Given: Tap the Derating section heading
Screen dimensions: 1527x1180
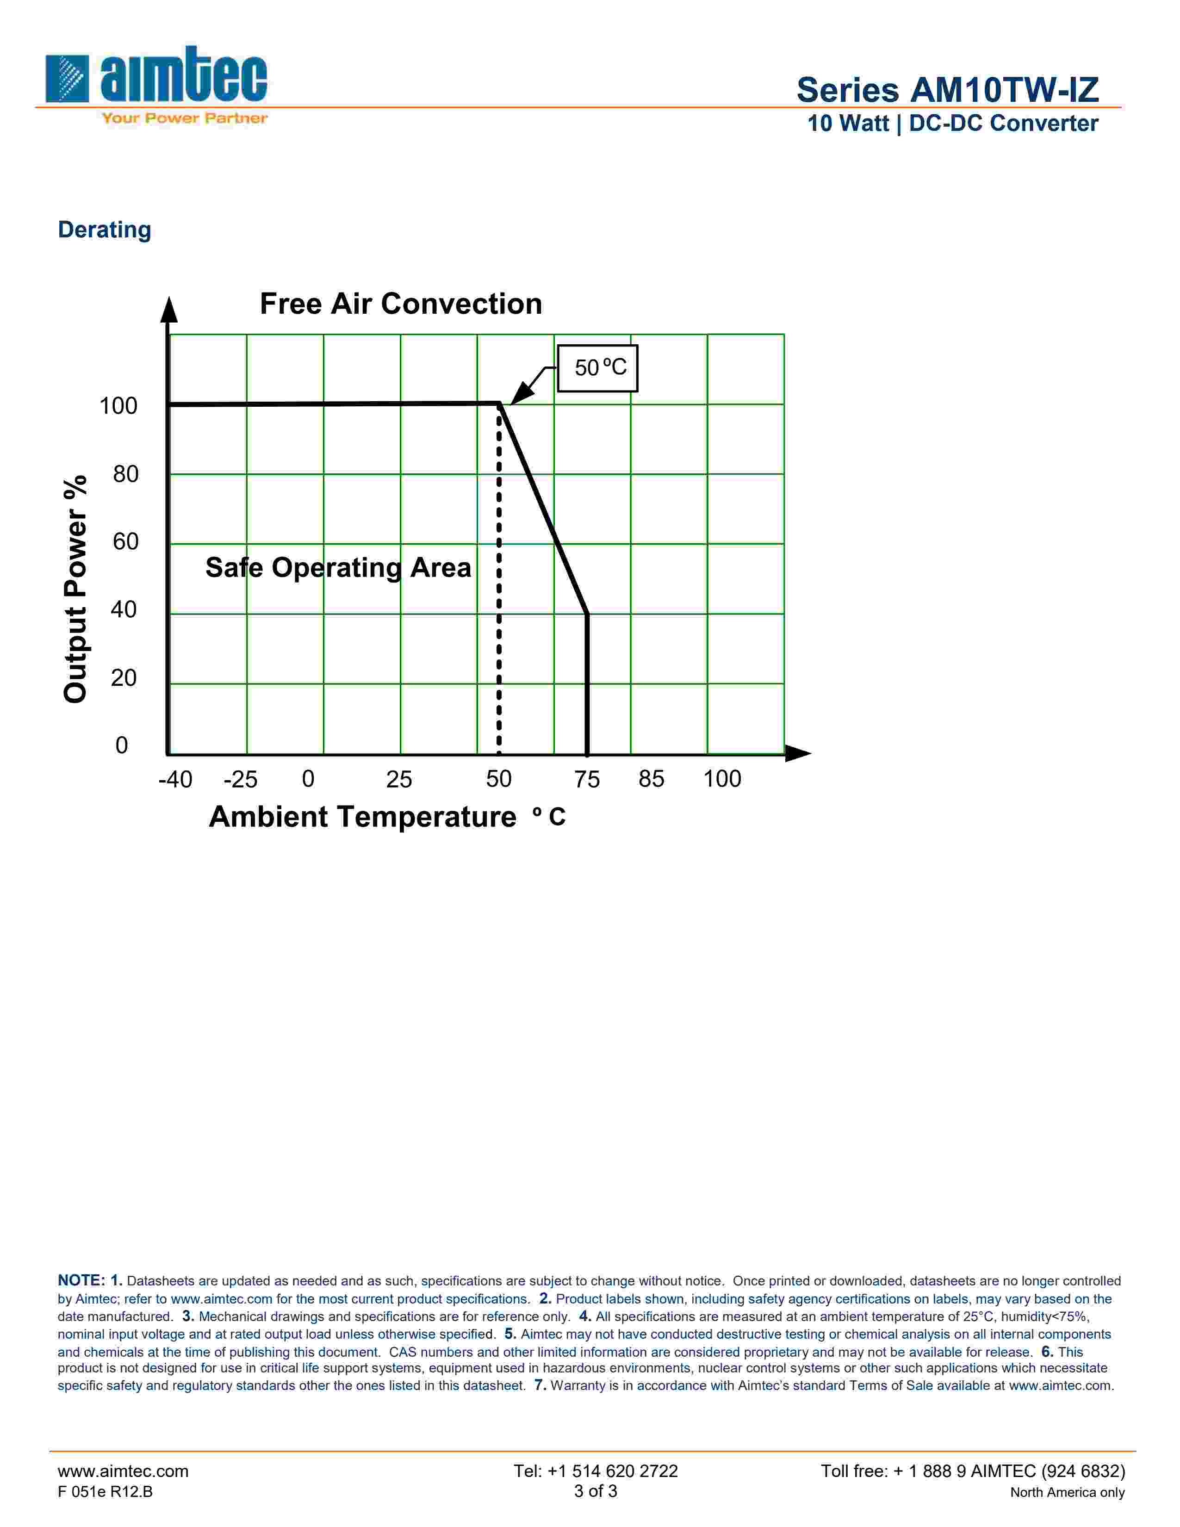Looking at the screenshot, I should (104, 230).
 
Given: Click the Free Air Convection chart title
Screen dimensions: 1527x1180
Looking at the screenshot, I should (401, 304).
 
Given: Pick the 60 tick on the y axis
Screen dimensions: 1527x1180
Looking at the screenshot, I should (126, 542).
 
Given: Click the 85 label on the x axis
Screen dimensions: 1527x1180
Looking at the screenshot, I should (651, 779).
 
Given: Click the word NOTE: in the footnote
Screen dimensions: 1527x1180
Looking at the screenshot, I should (81, 1280).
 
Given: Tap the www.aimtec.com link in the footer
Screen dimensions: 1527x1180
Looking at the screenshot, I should (123, 1471).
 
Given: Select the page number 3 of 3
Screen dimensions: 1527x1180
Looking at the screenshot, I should (596, 1491).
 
